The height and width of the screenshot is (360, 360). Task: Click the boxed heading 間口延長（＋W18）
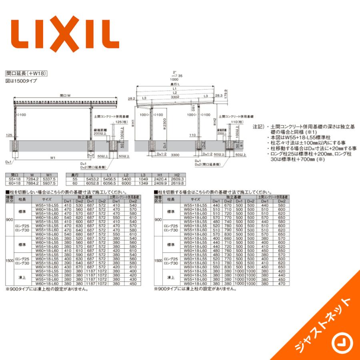pos(27,73)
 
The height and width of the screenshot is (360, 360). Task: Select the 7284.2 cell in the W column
pos(34,179)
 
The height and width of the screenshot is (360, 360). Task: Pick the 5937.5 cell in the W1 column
pos(50,183)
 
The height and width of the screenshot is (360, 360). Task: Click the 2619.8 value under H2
pos(177,183)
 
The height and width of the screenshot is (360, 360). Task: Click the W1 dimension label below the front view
pos(52,158)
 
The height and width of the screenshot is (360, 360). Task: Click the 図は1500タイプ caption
pos(21,81)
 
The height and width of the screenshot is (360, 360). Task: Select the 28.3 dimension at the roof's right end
pos(218,96)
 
